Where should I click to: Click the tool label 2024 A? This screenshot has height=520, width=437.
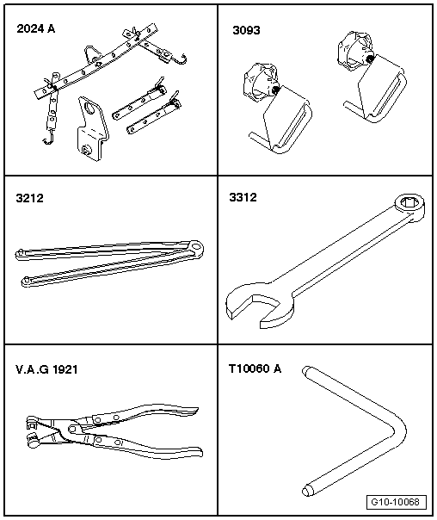pyautogui.click(x=36, y=29)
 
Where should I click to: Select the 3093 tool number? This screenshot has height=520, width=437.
pyautogui.click(x=246, y=30)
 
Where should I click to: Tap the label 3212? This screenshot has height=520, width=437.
pyautogui.click(x=29, y=198)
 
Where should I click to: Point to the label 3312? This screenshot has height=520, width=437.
pyautogui.click(x=243, y=197)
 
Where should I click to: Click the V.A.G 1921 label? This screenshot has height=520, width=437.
pyautogui.click(x=46, y=369)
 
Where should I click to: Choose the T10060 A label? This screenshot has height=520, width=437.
pyautogui.click(x=255, y=368)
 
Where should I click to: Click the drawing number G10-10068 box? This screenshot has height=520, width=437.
pyautogui.click(x=397, y=502)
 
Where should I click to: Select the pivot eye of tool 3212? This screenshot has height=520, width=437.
pyautogui.click(x=195, y=247)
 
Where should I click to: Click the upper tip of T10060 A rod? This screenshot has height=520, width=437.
pyautogui.click(x=305, y=370)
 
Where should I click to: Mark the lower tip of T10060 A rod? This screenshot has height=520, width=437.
pyautogui.click(x=307, y=491)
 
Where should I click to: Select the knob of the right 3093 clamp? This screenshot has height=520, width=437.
pyautogui.click(x=354, y=52)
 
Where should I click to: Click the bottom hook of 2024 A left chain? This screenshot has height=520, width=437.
pyautogui.click(x=48, y=139)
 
